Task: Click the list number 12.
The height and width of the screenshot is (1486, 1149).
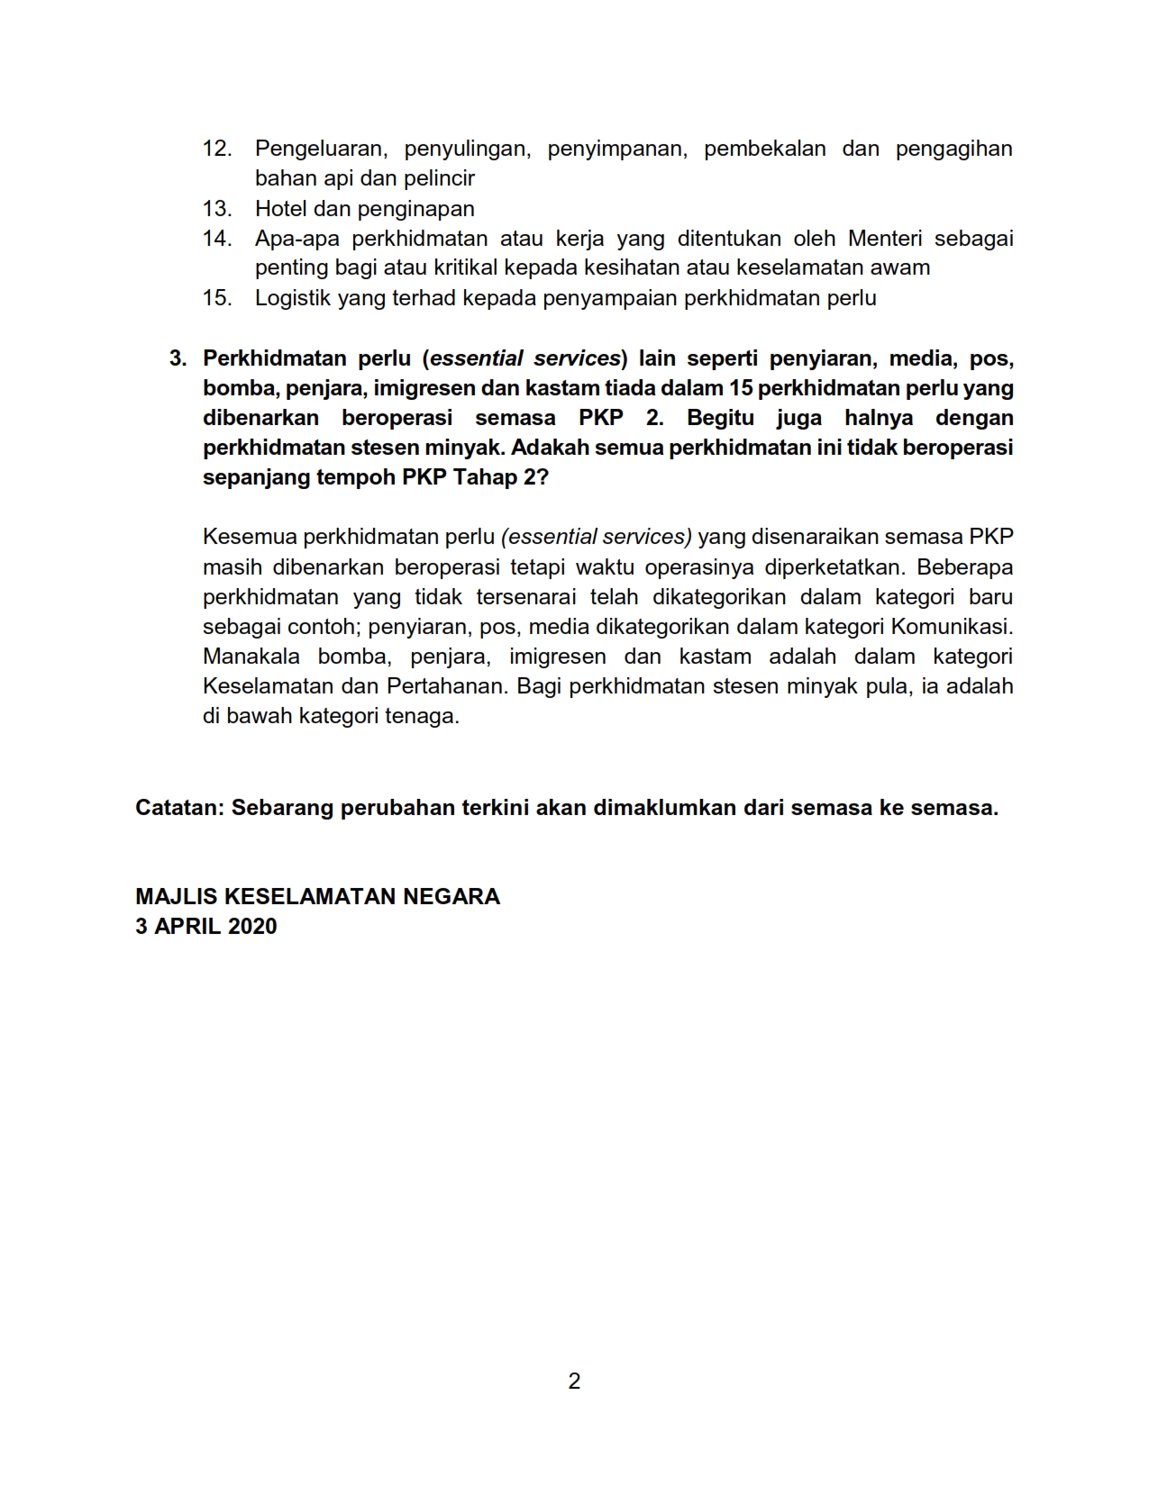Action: click(x=217, y=149)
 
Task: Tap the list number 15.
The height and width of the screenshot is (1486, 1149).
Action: click(x=217, y=298)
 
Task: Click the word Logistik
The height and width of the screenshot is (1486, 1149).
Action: click(x=293, y=298)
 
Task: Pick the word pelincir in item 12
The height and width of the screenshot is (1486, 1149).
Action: click(x=441, y=178)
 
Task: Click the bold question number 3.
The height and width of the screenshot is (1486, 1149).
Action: click(x=178, y=358)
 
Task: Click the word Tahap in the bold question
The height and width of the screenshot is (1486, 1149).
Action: click(x=482, y=477)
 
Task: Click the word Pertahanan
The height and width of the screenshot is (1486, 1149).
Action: click(x=447, y=686)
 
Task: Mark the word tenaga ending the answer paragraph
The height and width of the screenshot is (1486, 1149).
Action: click(x=428, y=717)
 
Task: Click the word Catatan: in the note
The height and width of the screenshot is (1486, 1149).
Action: click(x=179, y=808)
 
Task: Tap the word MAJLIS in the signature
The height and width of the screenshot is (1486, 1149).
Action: click(x=176, y=897)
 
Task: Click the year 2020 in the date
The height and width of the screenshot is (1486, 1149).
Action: click(x=252, y=927)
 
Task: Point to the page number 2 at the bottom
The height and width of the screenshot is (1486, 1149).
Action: click(x=575, y=1381)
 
